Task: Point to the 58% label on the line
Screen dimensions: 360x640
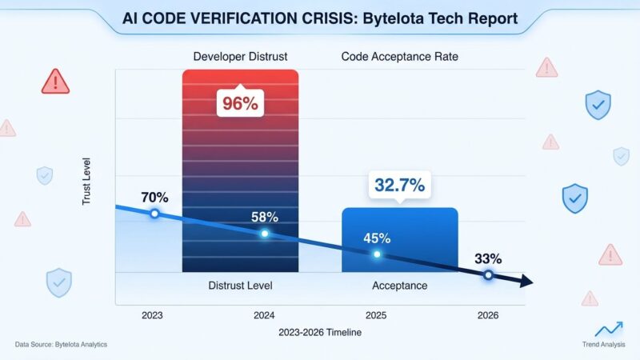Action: tap(264, 217)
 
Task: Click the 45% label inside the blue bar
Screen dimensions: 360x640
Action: tap(377, 238)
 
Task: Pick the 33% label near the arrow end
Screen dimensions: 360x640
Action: tap(487, 258)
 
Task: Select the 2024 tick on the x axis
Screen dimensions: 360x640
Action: tap(264, 315)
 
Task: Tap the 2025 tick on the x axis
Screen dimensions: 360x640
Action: tap(376, 315)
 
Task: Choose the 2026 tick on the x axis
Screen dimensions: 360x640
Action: tap(487, 315)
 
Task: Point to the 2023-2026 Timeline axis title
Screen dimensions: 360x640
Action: tap(319, 332)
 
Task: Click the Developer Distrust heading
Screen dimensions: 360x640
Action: tap(240, 57)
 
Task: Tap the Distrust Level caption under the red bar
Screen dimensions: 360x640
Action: tap(240, 286)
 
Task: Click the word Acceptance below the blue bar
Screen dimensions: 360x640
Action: tap(399, 286)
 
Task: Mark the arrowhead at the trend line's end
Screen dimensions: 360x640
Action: tap(526, 282)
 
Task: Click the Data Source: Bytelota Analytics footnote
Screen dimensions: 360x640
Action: tap(61, 344)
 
